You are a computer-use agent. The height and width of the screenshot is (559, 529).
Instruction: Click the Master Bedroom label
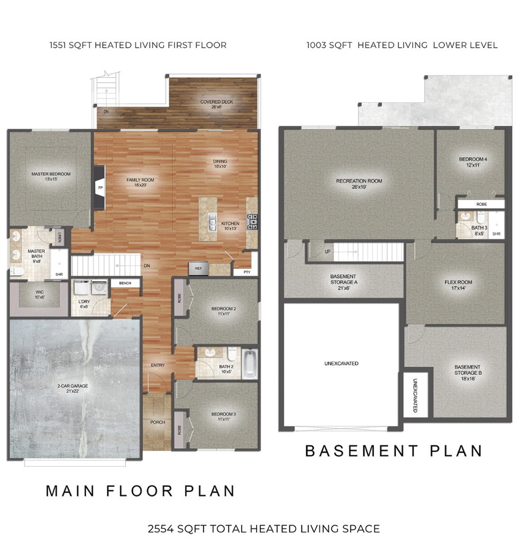[51, 176]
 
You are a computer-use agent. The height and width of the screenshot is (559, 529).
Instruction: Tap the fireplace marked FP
[99, 187]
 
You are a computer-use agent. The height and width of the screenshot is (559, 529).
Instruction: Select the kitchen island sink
[212, 222]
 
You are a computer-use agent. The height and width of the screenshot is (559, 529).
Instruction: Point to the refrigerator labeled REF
[198, 268]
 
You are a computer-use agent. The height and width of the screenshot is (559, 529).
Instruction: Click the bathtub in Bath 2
[250, 364]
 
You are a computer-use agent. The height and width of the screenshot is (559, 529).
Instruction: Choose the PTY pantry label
[247, 272]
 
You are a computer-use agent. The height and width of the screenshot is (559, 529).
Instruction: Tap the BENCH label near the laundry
[125, 283]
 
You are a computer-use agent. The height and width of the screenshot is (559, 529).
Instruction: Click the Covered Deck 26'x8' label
[216, 104]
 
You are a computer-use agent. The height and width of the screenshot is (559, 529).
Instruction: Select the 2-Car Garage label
[72, 388]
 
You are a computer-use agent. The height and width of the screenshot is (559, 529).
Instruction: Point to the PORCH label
[158, 422]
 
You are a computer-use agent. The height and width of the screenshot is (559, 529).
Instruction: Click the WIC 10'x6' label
[40, 294]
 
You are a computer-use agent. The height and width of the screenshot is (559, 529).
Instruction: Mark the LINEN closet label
[59, 238]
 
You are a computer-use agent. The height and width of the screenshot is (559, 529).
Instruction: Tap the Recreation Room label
[359, 184]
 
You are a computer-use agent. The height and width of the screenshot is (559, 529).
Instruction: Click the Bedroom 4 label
[473, 162]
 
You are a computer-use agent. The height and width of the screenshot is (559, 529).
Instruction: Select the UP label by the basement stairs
[327, 251]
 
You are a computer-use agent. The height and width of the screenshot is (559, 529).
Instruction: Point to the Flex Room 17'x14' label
[458, 285]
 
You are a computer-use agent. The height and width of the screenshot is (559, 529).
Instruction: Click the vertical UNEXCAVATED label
[415, 395]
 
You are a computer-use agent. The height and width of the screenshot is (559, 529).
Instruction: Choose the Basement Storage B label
[468, 373]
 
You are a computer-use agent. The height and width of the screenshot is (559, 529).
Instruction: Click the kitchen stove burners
[252, 222]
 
